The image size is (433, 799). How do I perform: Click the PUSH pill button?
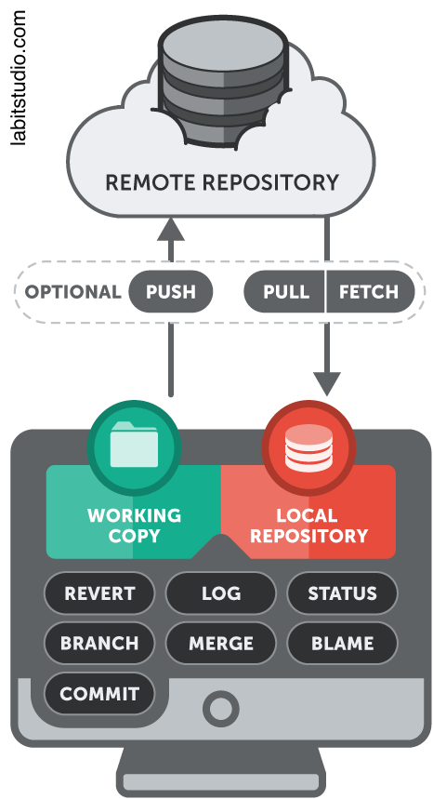tap(170, 291)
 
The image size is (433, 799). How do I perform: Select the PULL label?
tap(286, 292)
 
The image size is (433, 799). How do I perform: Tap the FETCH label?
tap(369, 292)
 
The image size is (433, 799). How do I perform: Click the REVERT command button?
tap(99, 593)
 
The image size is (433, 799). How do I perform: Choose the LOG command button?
tap(221, 593)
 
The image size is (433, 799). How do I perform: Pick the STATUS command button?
tap(343, 593)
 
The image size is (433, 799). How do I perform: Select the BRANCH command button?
tap(99, 643)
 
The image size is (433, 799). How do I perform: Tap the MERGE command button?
tap(221, 643)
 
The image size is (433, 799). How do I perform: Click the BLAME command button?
tap(343, 643)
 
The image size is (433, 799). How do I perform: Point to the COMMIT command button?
tap(99, 694)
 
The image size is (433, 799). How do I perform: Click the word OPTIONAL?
tap(73, 292)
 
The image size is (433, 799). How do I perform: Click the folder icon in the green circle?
tap(134, 444)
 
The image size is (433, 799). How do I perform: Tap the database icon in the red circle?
tap(308, 447)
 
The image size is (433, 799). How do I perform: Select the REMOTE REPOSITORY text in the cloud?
tap(222, 182)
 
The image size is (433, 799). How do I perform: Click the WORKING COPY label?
tap(134, 526)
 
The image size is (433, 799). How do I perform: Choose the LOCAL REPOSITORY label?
tap(308, 526)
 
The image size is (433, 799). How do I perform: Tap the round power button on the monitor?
tap(221, 708)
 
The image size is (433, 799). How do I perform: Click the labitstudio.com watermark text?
tap(18, 77)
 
